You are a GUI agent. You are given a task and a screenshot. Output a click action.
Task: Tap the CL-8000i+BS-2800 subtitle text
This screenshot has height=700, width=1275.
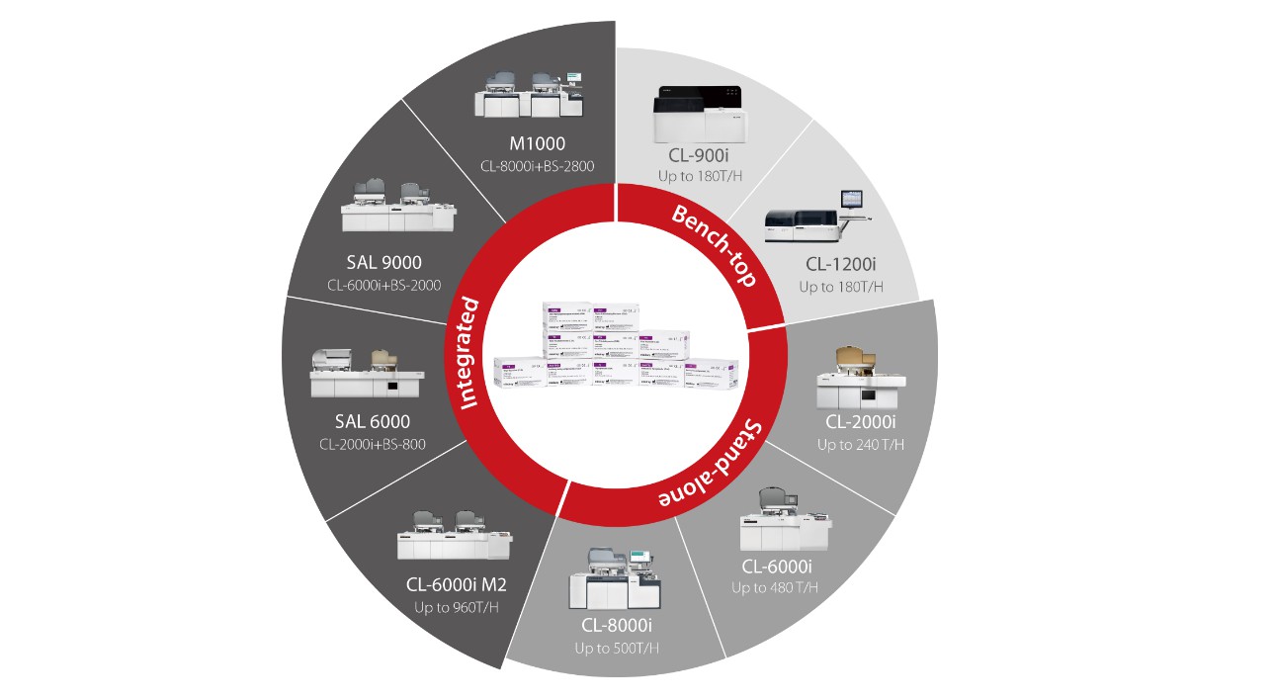coord(537,166)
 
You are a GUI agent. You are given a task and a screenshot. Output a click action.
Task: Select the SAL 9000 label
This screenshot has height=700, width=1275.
coord(384,262)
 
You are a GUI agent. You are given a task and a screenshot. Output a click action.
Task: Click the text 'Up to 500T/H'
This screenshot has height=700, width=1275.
coord(617,649)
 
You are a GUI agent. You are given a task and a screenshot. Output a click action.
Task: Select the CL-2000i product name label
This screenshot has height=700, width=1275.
coord(861,422)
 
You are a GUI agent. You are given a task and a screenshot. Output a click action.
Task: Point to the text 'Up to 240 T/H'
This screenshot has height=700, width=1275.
coord(861,445)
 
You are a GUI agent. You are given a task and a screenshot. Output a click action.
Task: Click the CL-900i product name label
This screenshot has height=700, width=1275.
coord(700,155)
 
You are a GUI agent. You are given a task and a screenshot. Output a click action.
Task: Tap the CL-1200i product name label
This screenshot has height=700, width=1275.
coord(841,265)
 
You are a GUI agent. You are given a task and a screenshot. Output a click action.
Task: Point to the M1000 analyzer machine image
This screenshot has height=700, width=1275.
coord(529,95)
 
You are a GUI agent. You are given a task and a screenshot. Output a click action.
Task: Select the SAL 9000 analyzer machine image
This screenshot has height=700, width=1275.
coord(400,209)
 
